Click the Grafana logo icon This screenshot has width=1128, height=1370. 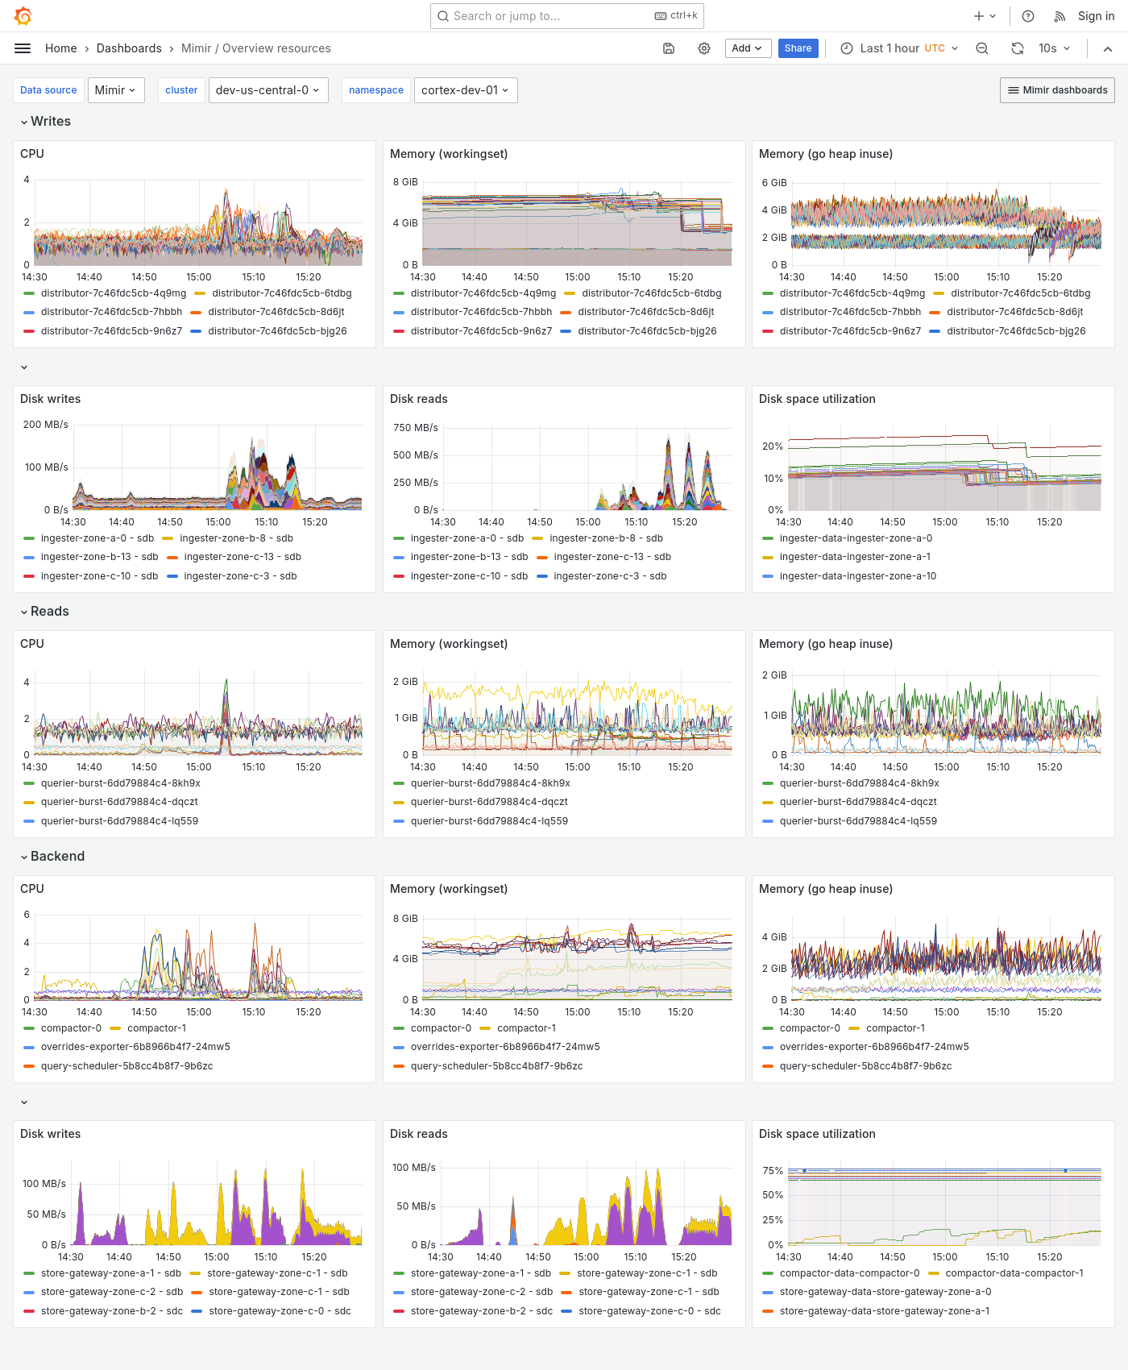23,16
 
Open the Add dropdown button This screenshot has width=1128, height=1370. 748,48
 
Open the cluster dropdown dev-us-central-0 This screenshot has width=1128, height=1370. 267,90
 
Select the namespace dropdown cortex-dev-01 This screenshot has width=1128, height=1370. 465,90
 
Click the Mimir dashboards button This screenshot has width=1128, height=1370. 1057,90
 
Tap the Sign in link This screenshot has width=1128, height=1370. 1096,16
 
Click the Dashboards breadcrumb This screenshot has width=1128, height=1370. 129,48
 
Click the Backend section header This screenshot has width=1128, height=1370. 56,857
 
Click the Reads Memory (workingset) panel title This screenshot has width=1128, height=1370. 449,644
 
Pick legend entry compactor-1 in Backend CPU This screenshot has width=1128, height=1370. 156,1028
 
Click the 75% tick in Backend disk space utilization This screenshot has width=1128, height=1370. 773,1171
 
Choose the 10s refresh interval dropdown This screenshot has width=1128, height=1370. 1054,48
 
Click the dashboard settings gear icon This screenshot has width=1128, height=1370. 704,48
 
